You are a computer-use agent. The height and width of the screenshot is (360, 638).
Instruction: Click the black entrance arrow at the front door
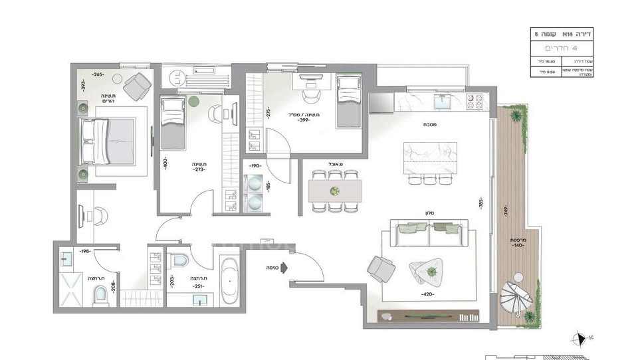[283, 268]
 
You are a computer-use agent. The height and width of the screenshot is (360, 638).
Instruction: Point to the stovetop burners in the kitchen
[474, 102]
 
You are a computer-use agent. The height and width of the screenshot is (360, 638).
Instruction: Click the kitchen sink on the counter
[441, 102]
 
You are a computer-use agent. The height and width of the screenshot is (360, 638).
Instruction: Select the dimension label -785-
[480, 203]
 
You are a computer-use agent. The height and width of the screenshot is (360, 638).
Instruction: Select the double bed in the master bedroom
[108, 141]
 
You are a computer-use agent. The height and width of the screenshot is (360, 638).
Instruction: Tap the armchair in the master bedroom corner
[137, 85]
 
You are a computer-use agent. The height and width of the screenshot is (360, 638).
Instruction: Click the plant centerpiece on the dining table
[335, 191]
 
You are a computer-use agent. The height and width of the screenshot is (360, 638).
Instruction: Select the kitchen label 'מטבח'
[427, 124]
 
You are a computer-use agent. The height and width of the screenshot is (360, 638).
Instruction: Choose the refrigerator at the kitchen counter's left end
[381, 102]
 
